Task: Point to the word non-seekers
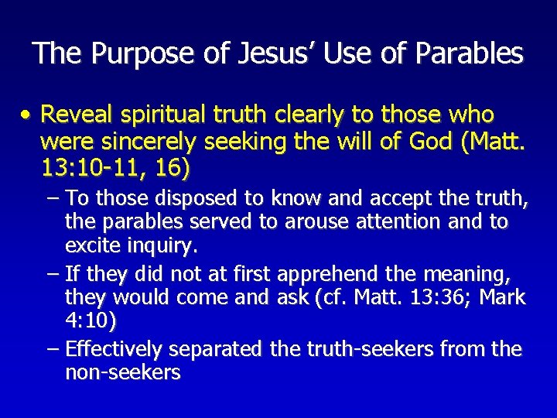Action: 123,372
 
